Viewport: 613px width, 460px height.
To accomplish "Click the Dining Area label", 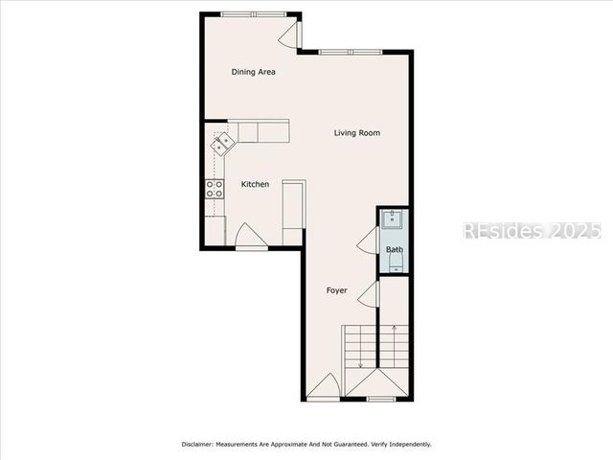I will coord(254,72).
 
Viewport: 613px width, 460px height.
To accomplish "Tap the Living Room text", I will coord(357,133).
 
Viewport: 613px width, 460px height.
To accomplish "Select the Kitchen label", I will coord(255,184).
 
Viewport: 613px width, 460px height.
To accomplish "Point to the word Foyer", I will coord(336,290).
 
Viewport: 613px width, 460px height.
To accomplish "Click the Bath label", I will coord(395,250).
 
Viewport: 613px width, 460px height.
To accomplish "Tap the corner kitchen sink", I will coord(223,144).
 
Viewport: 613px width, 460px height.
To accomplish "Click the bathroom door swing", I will coord(369,241).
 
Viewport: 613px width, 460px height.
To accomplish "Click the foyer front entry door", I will coord(324,387).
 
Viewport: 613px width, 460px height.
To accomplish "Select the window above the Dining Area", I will coord(253,13).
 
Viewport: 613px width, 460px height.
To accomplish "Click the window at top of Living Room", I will coord(350,51).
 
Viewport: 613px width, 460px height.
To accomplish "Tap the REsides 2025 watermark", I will coord(532,231).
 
